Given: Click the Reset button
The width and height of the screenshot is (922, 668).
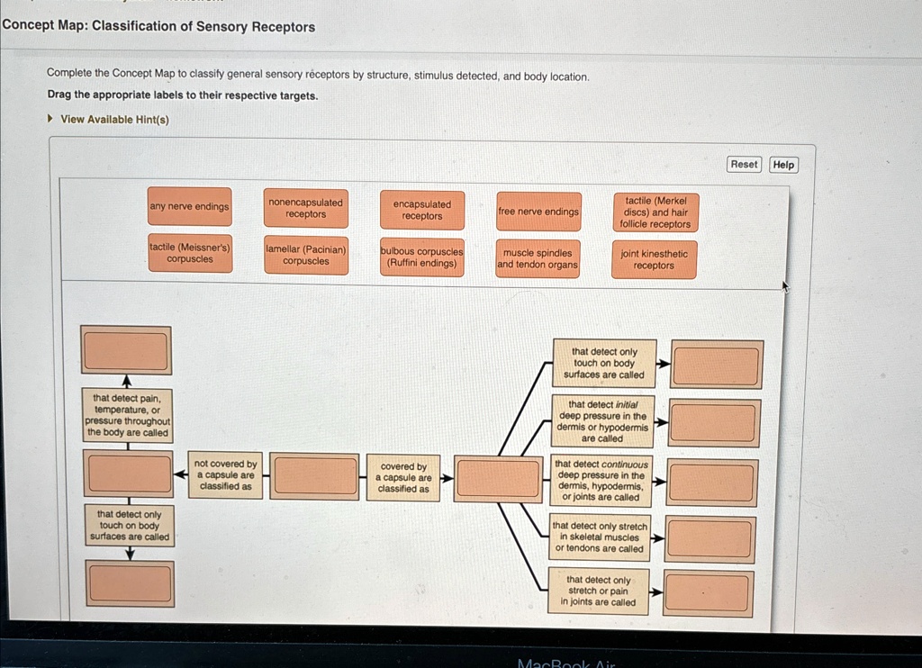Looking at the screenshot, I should pyautogui.click(x=744, y=164).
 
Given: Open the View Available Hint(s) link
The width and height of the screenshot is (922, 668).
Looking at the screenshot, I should pyautogui.click(x=114, y=120).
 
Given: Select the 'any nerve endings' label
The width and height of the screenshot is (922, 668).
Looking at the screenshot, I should pyautogui.click(x=189, y=207).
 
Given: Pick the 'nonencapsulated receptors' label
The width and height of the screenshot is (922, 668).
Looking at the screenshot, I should pyautogui.click(x=305, y=209).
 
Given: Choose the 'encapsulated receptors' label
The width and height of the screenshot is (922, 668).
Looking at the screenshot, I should pyautogui.click(x=422, y=211).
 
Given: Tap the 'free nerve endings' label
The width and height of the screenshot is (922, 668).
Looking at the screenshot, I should pyautogui.click(x=538, y=212).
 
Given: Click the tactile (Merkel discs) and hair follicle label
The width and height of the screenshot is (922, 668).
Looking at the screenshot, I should pyautogui.click(x=655, y=212).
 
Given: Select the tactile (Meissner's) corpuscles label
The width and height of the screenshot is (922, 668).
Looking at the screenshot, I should pyautogui.click(x=190, y=253).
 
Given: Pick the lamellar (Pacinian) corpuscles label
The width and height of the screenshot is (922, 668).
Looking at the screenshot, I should pyautogui.click(x=306, y=256).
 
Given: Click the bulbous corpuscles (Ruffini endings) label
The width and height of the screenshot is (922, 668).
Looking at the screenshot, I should pyautogui.click(x=421, y=257).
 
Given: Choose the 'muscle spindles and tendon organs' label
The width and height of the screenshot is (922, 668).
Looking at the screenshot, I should pyautogui.click(x=538, y=259).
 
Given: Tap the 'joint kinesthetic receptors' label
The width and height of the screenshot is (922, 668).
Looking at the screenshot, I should pyautogui.click(x=654, y=260).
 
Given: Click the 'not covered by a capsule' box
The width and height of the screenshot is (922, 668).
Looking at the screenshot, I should pyautogui.click(x=225, y=475).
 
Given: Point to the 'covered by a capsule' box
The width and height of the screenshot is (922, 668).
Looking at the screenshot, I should pyautogui.click(x=403, y=478).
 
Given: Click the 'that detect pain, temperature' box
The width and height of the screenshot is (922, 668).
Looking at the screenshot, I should pyautogui.click(x=128, y=415).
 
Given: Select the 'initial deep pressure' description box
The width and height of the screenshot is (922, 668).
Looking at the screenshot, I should pyautogui.click(x=601, y=421).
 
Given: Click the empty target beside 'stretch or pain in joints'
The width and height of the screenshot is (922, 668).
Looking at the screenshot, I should pyautogui.click(x=707, y=594).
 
